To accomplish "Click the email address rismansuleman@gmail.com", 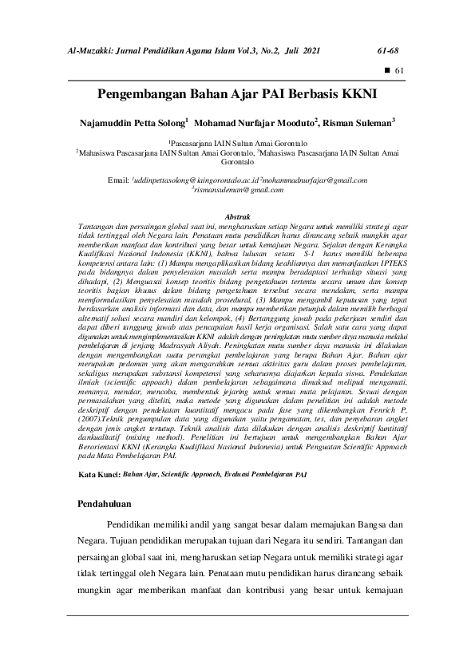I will coord(239,192).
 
